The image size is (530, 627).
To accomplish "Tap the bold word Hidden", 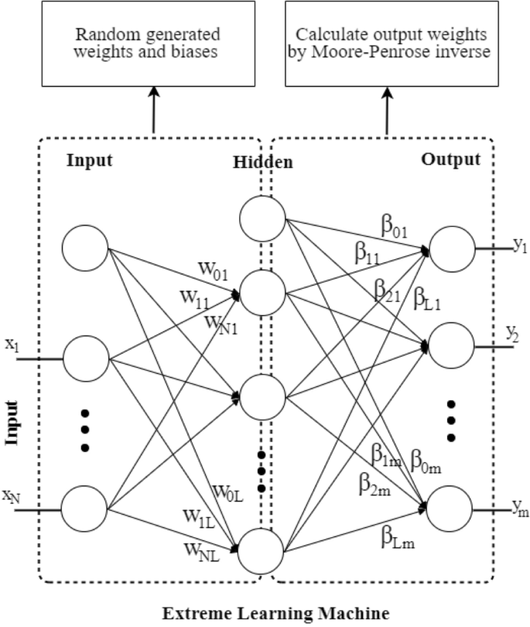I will pyautogui.click(x=263, y=163).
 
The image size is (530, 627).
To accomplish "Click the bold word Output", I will pyautogui.click(x=450, y=159).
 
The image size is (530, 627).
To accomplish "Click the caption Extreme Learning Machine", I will pyautogui.click(x=265, y=615).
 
